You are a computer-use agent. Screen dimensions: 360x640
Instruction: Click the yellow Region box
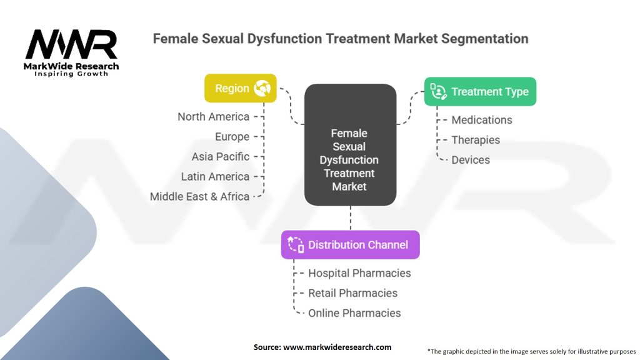click(241, 89)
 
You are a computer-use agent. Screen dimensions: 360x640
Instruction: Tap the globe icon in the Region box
click(261, 89)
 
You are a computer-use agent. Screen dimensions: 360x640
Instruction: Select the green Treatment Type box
click(480, 92)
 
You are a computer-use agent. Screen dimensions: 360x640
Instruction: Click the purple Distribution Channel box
click(350, 244)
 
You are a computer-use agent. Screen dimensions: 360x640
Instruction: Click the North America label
click(213, 117)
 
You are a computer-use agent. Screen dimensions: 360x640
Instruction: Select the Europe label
click(232, 137)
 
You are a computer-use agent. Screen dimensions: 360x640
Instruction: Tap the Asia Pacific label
click(221, 157)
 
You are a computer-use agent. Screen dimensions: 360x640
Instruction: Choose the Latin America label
click(215, 177)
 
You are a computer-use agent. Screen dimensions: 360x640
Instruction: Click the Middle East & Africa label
click(199, 196)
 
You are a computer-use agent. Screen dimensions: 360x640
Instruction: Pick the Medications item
click(482, 120)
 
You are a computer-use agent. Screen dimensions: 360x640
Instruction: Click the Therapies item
click(476, 140)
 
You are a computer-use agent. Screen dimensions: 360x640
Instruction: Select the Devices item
click(471, 160)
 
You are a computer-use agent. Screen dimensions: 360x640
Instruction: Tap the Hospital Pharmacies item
click(359, 273)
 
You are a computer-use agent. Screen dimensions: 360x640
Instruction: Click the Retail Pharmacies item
click(352, 293)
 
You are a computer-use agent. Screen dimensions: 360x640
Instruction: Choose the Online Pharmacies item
click(354, 313)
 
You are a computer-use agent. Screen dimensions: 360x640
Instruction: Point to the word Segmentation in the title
click(484, 39)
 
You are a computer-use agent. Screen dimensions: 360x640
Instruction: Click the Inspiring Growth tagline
click(71, 74)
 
